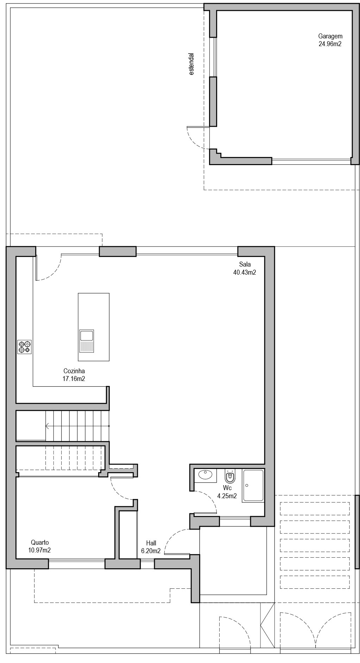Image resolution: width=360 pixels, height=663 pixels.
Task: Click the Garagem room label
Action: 330,36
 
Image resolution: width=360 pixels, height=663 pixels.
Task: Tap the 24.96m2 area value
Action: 330,44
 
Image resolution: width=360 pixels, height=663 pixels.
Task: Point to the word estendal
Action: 191,64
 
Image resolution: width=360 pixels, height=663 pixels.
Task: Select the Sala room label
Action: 245,264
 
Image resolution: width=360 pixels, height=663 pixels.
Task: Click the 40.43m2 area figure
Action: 245,272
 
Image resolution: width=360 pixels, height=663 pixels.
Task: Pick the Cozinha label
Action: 74,371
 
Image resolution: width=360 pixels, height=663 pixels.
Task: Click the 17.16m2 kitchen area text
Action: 74,379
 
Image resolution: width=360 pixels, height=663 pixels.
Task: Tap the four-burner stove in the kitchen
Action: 25,347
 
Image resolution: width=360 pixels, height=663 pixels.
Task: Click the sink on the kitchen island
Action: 87,341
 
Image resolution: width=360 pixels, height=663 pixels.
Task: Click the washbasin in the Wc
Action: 206,475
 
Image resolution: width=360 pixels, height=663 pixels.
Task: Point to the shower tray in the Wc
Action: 253,485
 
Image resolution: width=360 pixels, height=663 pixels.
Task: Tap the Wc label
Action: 227,488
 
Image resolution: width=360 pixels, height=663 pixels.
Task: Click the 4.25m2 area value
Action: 227,496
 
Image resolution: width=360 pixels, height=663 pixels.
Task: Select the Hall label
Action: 151,543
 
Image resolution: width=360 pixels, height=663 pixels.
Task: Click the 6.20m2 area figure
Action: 151,551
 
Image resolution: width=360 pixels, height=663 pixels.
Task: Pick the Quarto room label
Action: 40,542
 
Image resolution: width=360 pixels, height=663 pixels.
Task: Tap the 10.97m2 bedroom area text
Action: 39,550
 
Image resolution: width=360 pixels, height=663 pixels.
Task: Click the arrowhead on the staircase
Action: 47,426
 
